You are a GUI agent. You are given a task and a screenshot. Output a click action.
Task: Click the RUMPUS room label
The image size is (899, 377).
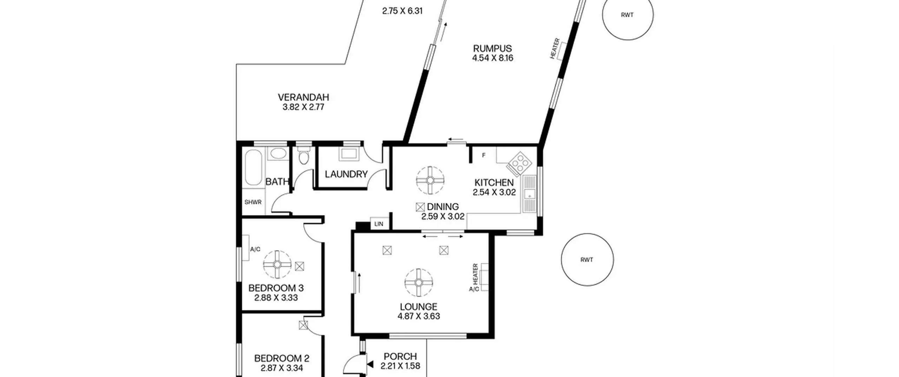pyautogui.click(x=492, y=48)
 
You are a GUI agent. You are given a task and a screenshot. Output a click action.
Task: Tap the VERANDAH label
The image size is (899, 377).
pyautogui.click(x=303, y=97)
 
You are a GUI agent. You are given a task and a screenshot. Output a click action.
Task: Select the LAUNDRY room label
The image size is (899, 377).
pyautogui.click(x=346, y=174)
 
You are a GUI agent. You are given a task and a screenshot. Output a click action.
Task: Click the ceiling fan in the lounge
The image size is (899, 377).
pyautogui.click(x=419, y=283)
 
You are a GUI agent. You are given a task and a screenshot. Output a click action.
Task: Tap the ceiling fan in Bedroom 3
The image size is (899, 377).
pyautogui.click(x=277, y=264)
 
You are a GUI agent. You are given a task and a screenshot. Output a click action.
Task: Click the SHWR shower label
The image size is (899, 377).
pyautogui.click(x=253, y=202)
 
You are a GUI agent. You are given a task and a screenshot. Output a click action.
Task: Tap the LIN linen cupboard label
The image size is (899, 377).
pyautogui.click(x=379, y=224)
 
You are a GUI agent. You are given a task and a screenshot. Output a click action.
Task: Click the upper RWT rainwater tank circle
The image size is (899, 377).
pyautogui.click(x=628, y=15)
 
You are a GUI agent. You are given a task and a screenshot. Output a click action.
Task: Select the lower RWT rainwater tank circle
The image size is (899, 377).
pyautogui.click(x=587, y=260)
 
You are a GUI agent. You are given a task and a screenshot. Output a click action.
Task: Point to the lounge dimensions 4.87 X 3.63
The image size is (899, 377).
pyautogui.click(x=419, y=316)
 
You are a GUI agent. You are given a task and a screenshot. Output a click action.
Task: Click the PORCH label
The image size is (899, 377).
pyautogui.click(x=400, y=357)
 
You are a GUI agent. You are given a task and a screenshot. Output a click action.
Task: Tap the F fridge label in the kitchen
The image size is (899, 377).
pyautogui.click(x=484, y=155)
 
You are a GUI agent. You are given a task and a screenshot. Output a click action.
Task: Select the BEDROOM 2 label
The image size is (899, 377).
pyautogui.click(x=282, y=358)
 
